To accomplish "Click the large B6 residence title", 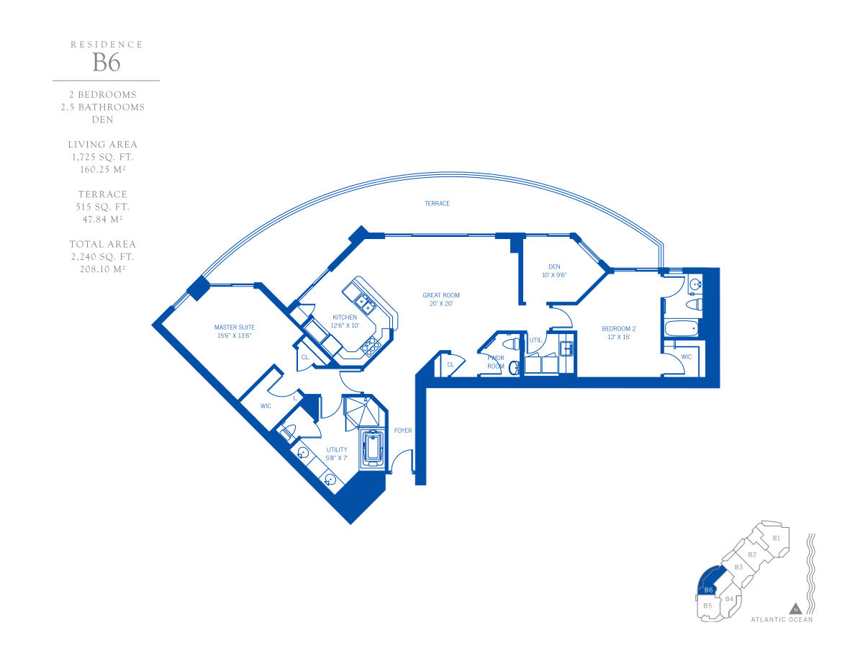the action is point(107,63).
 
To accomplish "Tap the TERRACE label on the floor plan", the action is point(438,204).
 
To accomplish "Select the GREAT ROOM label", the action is point(441,295).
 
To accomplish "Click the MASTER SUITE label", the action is point(235,327).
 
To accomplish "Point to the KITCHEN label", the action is point(345,318).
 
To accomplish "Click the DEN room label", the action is point(555,266).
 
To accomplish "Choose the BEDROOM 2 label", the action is point(619,329).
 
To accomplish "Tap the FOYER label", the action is point(403,431).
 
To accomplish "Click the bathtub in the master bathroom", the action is point(374,448).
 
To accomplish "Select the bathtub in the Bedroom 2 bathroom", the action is point(681,328).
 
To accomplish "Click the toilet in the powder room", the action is point(511,344).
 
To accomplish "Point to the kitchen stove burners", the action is point(370,346).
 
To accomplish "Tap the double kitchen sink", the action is point(364,302).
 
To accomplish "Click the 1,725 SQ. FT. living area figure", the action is point(102,157).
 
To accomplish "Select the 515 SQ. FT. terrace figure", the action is point(102,207).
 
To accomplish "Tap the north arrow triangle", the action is point(795,608).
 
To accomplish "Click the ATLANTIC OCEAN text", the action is point(782,619).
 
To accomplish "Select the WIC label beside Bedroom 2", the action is point(687,356).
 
